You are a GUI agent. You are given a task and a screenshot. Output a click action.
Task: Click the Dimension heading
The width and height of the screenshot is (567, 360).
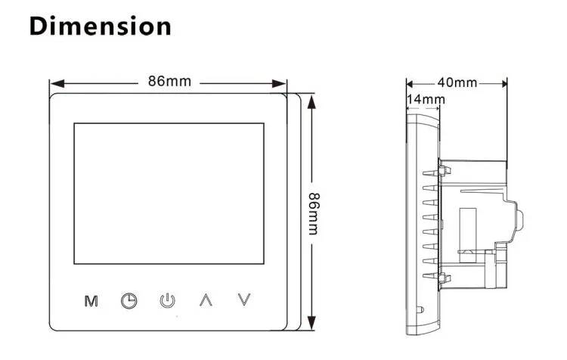pos(100,26)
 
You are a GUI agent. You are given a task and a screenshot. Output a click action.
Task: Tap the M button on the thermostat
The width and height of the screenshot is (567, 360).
pos(91,301)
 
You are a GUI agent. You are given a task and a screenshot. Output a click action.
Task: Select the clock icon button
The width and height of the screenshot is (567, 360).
pos(129,301)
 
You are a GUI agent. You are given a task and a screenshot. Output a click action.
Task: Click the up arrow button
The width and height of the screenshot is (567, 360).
pos(206,300)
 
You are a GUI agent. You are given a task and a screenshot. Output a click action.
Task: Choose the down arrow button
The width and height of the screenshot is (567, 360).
pos(244,299)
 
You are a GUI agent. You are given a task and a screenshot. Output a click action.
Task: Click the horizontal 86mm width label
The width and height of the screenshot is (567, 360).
pos(169,81)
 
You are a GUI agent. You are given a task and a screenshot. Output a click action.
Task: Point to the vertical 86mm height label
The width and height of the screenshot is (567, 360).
pos(314,214)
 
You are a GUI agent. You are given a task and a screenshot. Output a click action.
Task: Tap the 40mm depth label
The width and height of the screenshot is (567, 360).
pos(457,82)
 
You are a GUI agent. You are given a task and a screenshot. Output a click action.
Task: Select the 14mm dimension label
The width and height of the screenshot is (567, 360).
pos(426,99)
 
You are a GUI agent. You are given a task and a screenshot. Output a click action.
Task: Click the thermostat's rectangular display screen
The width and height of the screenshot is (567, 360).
pos(169,194)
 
